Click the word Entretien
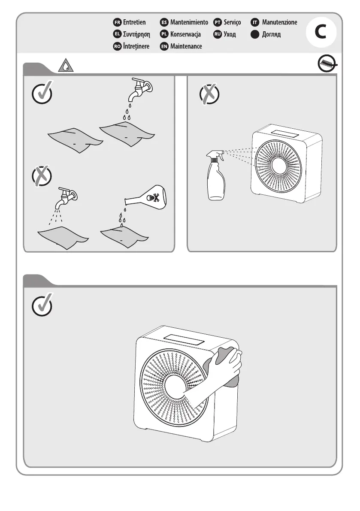click(134, 22)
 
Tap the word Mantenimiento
click(189, 22)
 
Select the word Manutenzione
click(279, 22)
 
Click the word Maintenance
click(186, 46)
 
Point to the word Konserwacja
click(185, 34)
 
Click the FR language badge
click(117, 22)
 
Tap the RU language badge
click(218, 34)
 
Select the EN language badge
click(164, 46)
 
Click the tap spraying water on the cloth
click(67, 196)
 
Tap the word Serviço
click(232, 22)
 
